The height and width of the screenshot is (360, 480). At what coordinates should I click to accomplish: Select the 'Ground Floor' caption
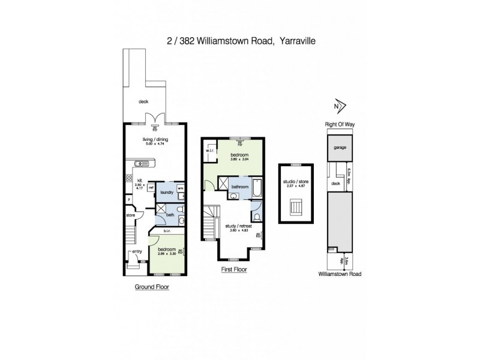(151, 287)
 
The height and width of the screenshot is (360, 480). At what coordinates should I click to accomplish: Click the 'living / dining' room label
(141, 139)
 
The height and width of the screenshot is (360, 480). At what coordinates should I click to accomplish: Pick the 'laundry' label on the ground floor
(167, 192)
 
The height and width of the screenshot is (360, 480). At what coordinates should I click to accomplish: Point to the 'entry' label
(137, 251)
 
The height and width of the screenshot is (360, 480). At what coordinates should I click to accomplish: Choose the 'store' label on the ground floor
(130, 214)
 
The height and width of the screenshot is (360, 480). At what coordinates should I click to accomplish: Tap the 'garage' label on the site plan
(340, 146)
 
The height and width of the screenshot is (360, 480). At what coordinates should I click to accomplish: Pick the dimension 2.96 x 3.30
(166, 254)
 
